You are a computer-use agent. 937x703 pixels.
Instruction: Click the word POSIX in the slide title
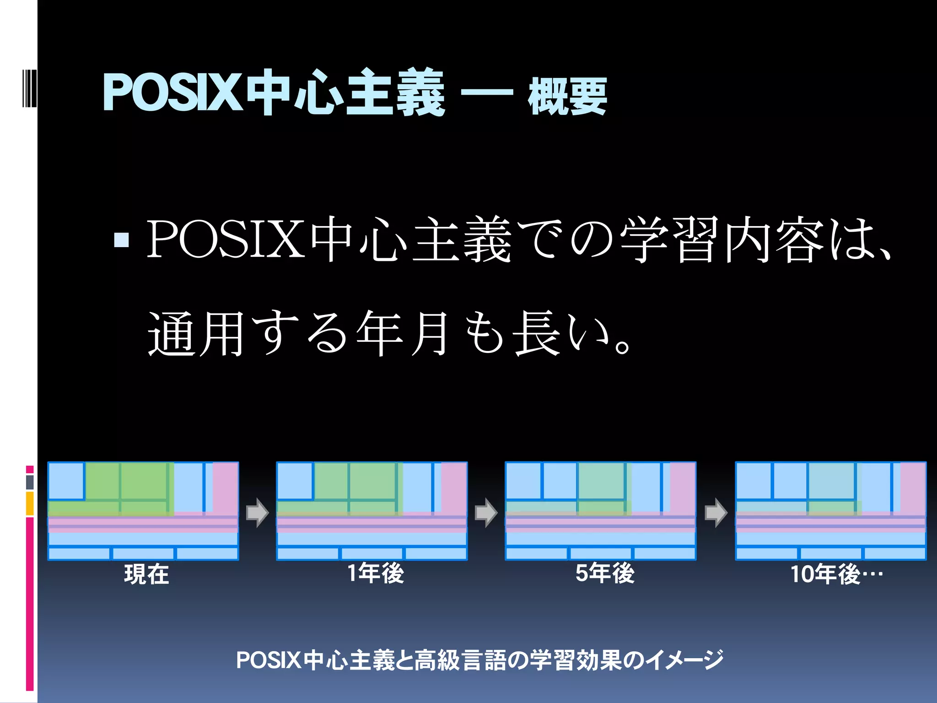point(172,93)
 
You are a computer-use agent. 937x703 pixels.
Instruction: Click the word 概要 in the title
point(567,96)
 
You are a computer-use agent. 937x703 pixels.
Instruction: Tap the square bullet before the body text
point(121,239)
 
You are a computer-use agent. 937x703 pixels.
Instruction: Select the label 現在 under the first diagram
point(146,574)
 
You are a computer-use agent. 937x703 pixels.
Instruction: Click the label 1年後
point(376,573)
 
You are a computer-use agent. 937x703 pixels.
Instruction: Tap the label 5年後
point(605,573)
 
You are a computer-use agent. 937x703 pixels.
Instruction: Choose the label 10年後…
point(836,574)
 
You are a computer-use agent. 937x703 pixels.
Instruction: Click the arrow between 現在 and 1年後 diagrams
point(257,513)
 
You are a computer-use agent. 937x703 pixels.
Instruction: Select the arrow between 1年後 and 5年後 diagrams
point(486,513)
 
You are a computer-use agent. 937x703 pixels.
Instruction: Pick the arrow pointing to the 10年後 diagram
point(716,513)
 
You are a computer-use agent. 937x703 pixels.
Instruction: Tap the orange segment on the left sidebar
point(30,503)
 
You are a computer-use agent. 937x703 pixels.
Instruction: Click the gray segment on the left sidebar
point(30,482)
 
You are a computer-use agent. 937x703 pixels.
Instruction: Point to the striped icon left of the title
point(29,87)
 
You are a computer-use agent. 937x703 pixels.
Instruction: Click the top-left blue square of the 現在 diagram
point(66,481)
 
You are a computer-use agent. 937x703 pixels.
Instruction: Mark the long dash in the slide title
point(486,93)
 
